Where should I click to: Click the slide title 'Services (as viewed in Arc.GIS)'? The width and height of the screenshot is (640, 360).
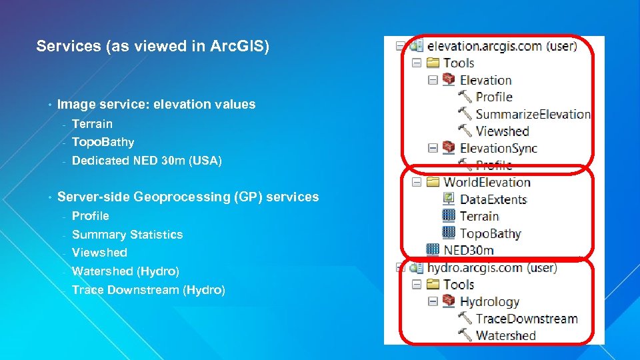(153, 46)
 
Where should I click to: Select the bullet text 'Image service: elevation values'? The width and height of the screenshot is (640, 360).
(156, 104)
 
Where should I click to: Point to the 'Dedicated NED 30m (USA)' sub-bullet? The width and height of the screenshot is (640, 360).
(147, 161)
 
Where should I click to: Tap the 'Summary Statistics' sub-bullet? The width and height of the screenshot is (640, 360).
(127, 235)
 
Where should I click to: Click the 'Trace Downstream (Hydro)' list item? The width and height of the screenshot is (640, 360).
(148, 290)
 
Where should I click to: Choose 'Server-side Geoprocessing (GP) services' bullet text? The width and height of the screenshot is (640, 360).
(188, 197)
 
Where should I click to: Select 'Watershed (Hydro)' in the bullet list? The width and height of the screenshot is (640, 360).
(125, 271)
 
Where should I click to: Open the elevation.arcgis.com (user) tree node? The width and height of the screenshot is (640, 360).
(501, 46)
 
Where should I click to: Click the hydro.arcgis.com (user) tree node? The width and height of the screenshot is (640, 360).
(492, 268)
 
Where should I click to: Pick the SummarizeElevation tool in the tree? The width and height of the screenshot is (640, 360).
(533, 114)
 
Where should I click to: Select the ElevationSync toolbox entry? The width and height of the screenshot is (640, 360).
(498, 148)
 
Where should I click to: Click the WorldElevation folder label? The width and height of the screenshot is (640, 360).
(487, 182)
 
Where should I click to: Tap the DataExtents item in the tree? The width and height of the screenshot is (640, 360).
(493, 199)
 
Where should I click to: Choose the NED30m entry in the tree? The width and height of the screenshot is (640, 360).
(469, 251)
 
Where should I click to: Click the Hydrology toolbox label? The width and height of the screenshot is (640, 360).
(489, 302)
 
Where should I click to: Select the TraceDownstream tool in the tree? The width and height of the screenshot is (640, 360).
(526, 319)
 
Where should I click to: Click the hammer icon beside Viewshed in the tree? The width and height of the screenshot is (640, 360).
(465, 131)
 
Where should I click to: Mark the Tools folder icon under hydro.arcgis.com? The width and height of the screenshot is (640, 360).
(433, 285)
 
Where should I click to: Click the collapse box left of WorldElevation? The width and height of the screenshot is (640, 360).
(416, 182)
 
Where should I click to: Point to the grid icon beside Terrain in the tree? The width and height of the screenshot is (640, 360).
(449, 216)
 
